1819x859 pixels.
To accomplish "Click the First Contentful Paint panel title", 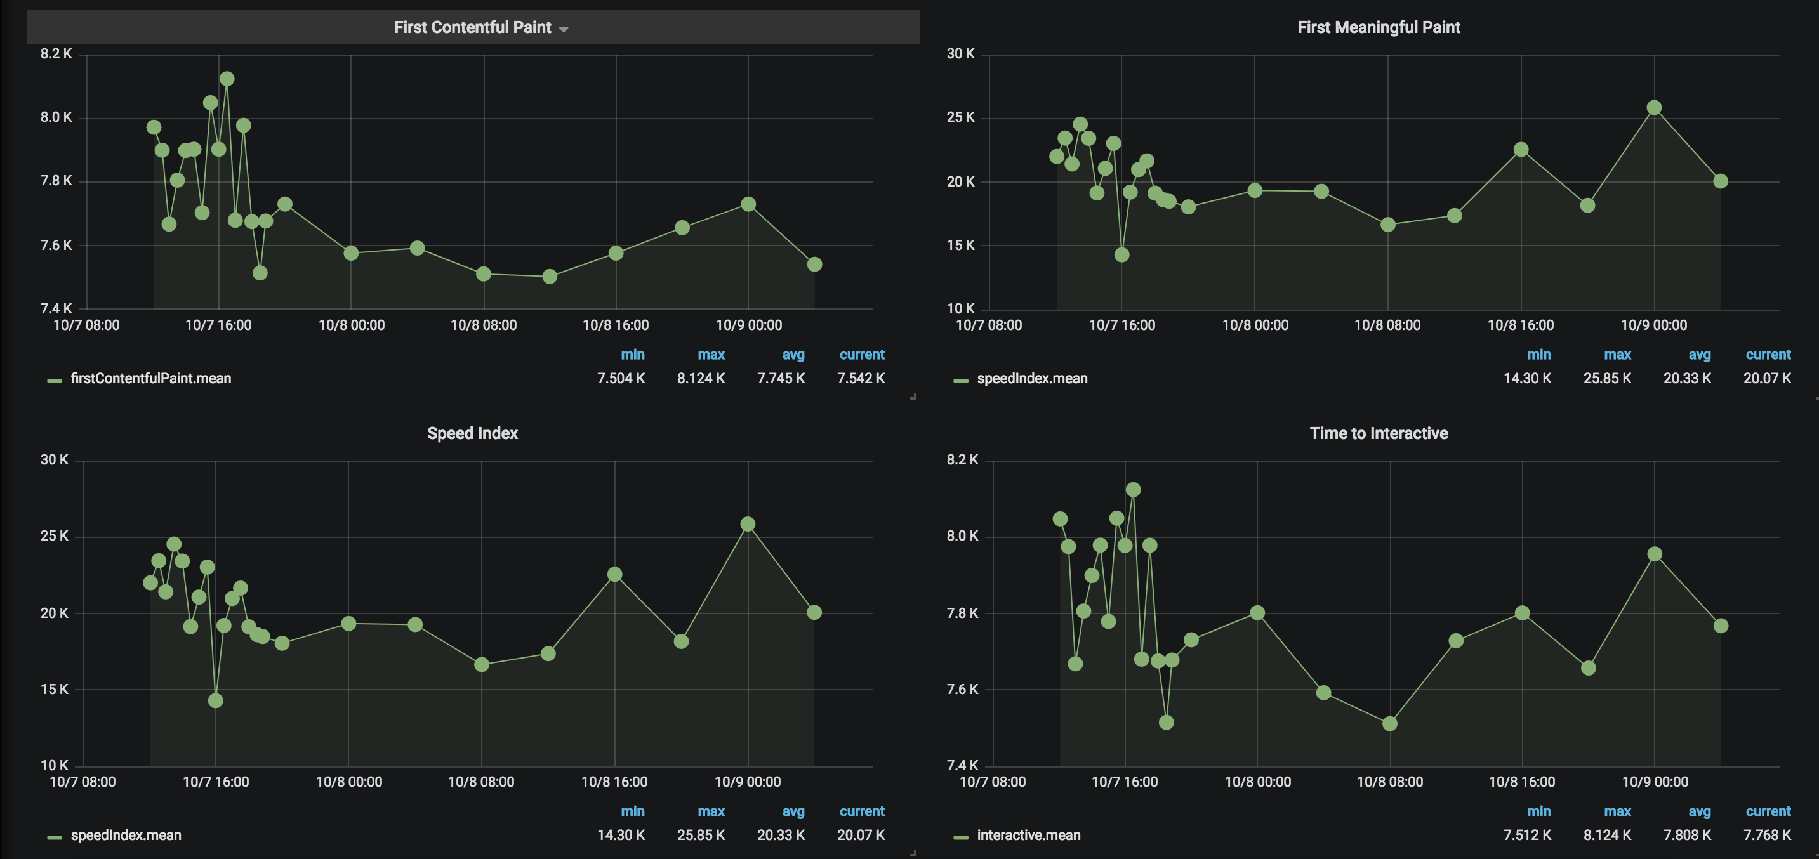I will coord(472,27).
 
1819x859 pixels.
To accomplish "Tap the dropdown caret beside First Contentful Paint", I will coord(564,30).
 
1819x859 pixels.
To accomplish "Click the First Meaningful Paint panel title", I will coord(1379,27).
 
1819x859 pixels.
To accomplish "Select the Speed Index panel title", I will coord(472,433).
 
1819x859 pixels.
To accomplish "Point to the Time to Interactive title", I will coord(1379,433).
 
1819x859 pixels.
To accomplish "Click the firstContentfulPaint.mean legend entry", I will coord(150,378).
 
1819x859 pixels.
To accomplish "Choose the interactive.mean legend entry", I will coord(1028,835).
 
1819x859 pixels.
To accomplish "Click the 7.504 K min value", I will coord(621,378).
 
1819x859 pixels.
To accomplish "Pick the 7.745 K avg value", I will coord(781,378).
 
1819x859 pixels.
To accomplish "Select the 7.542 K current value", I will coord(861,378).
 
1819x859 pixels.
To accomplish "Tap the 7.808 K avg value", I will coord(1687,835).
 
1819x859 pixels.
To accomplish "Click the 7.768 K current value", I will coord(1767,835).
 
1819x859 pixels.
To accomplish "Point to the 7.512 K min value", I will coord(1528,835).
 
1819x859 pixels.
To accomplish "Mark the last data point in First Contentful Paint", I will coord(814,264).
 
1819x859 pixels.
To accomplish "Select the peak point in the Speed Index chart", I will coord(748,524).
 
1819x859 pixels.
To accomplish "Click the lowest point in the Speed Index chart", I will coord(215,700).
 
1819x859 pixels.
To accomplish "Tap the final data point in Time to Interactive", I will coord(1721,626).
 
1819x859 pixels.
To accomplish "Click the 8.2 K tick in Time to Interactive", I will coord(962,460).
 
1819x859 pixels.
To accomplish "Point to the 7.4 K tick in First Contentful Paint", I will coord(56,308).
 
